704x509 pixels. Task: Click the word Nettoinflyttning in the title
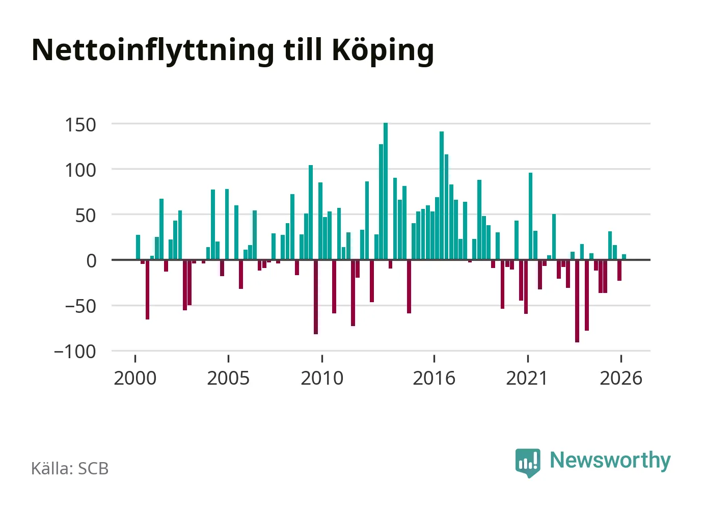pos(153,51)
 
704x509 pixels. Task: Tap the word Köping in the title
pos(383,51)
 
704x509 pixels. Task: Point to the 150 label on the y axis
pos(80,125)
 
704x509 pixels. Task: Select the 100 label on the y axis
pos(80,170)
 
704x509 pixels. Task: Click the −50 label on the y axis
pos(80,307)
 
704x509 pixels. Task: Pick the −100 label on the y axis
pos(75,352)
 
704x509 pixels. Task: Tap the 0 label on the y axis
pos(91,261)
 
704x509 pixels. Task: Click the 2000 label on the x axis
pos(135,378)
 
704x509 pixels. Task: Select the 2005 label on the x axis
pos(229,378)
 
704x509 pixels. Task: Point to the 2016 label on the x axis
pos(434,378)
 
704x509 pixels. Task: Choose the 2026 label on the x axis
pos(621,378)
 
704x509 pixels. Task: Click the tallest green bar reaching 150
pos(386,191)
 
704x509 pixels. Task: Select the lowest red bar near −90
pos(577,301)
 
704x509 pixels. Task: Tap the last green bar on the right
pos(624,257)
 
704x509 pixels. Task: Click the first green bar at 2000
pos(138,247)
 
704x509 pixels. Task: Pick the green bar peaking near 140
pos(442,196)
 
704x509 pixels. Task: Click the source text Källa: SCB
pos(70,468)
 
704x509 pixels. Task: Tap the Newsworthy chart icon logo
pos(528,463)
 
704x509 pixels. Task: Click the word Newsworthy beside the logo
pos(610,461)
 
